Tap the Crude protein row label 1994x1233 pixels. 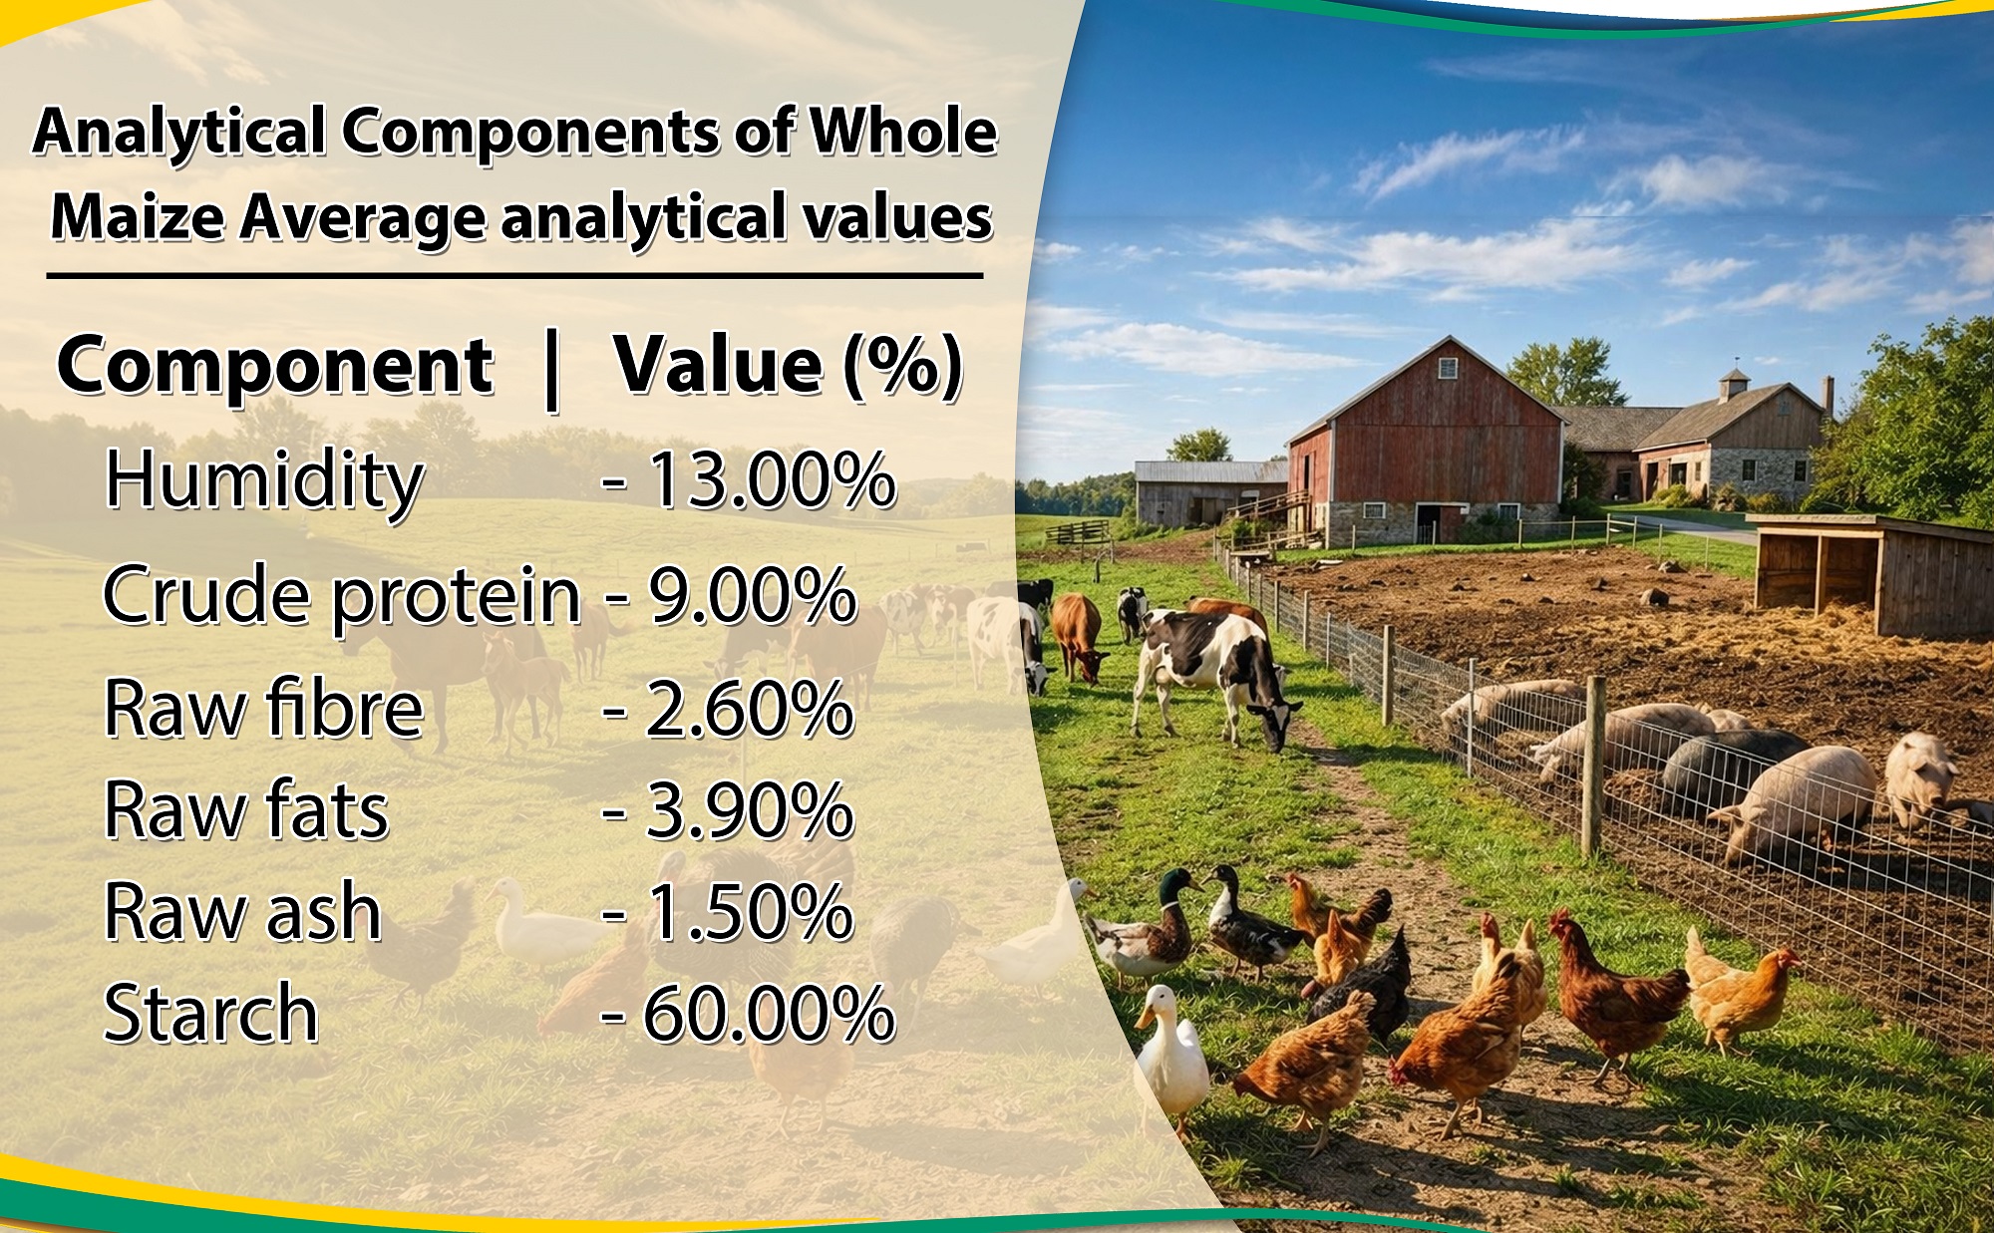342,596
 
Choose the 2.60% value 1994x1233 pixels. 751,709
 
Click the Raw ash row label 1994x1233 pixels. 243,911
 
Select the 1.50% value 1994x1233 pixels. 751,912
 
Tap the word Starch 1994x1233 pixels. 211,1013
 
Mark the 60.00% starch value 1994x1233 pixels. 769,1014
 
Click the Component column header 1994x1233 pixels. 275,367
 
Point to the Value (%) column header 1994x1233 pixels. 789,365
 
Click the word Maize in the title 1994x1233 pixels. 138,216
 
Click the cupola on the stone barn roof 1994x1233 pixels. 1735,383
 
